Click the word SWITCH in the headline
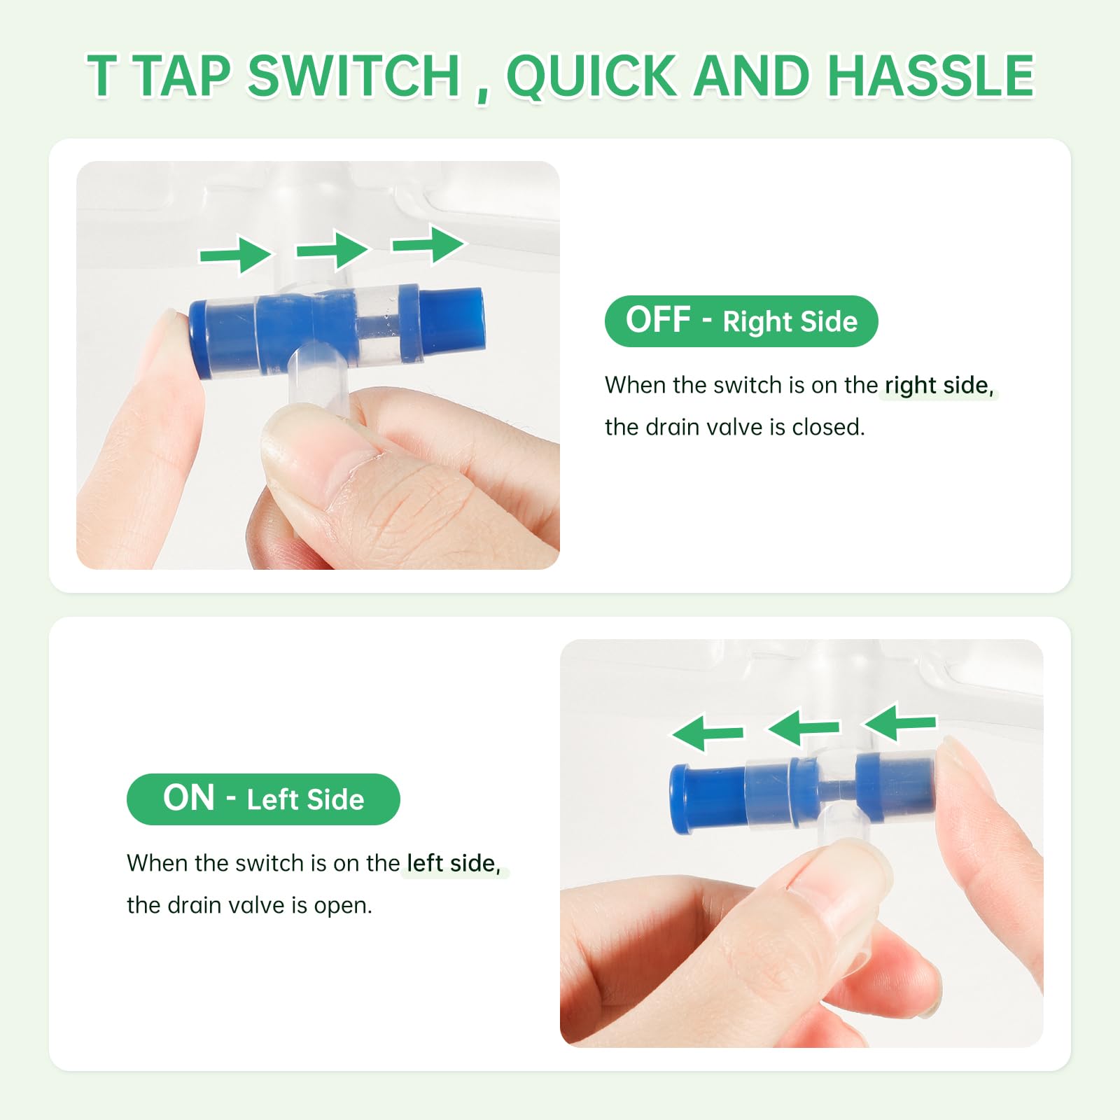tap(353, 76)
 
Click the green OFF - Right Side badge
tap(741, 321)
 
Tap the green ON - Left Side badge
tap(263, 799)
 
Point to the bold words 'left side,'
tap(454, 863)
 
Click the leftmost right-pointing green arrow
tap(236, 254)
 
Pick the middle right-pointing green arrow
tap(332, 249)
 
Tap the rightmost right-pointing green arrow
tap(428, 244)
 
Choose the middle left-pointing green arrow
tap(804, 728)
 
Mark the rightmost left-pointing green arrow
tap(900, 722)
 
